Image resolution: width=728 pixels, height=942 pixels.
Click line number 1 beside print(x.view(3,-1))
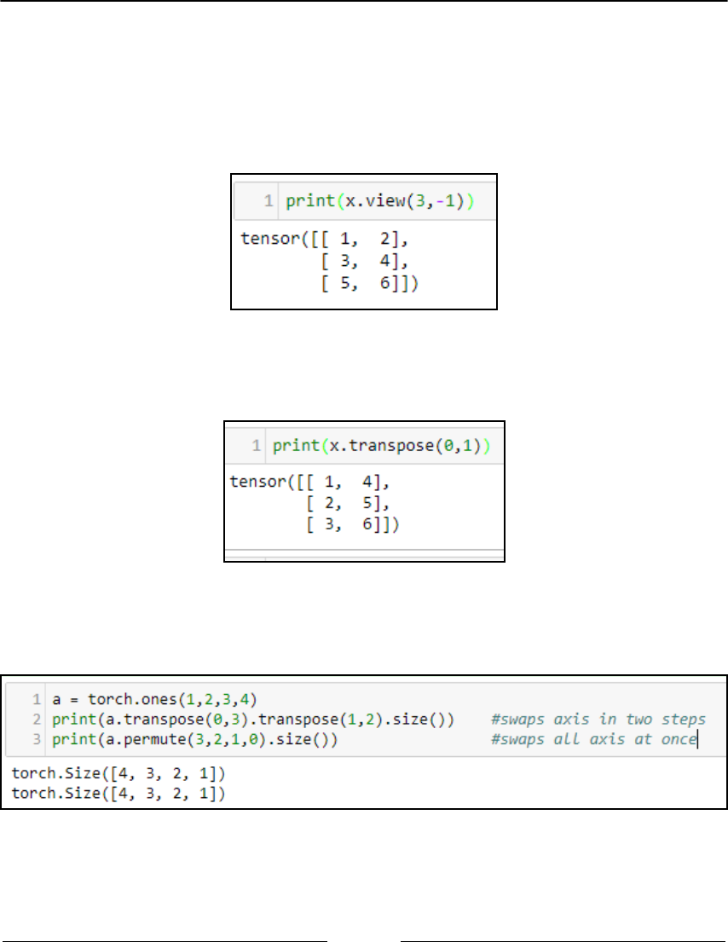coord(268,202)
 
